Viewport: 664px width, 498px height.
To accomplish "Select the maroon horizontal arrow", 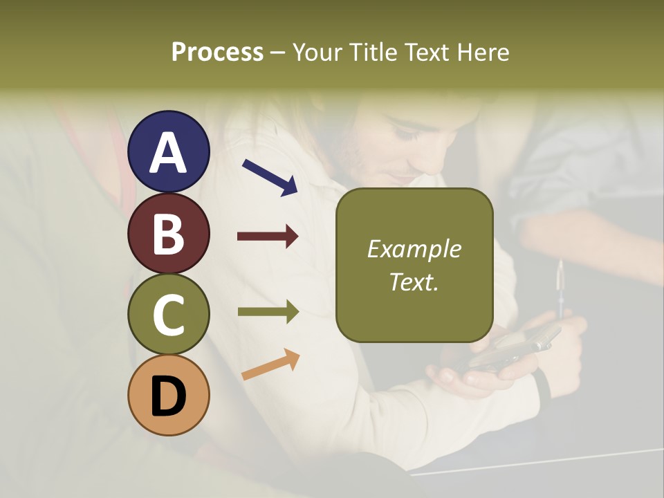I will coord(268,237).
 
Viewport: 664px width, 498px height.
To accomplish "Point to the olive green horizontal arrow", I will coord(268,312).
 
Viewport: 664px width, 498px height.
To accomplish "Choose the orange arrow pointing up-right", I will coord(270,365).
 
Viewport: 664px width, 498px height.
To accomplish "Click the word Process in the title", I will coord(217,53).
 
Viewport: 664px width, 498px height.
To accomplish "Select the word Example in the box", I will coord(414,249).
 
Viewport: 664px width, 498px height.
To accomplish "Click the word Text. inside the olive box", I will coord(414,282).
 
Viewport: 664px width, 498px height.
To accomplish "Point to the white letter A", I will coord(168,154).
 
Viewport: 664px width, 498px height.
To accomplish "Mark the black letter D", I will coord(168,397).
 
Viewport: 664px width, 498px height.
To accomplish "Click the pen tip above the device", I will coord(560,267).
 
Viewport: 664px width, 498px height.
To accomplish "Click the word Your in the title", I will coord(317,53).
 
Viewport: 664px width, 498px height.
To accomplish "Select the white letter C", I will coord(168,316).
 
